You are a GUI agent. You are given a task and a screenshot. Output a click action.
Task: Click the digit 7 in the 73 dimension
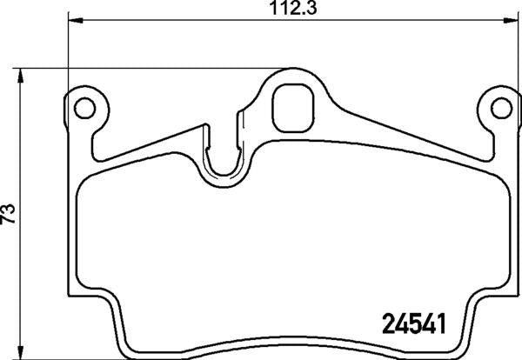[x=9, y=219]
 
